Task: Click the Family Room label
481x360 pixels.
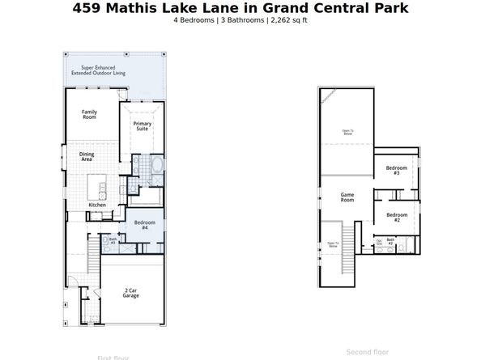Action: pos(89,115)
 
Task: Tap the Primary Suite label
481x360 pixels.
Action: pos(142,125)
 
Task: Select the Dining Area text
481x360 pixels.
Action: pos(86,157)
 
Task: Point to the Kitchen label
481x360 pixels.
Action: pos(97,205)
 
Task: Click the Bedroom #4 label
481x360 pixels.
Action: pos(144,225)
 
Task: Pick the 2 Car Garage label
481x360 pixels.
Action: pos(130,293)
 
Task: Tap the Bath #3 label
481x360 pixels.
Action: pos(113,240)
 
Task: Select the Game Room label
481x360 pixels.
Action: pos(347,197)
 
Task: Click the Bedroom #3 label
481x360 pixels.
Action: pos(397,171)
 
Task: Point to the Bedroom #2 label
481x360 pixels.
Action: pos(397,218)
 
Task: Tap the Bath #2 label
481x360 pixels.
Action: pos(390,241)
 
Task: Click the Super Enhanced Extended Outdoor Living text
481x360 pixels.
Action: pos(103,70)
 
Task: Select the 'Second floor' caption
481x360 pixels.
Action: pos(368,352)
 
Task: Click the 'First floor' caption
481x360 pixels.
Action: pos(113,357)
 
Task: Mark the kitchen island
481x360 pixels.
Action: pos(103,189)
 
